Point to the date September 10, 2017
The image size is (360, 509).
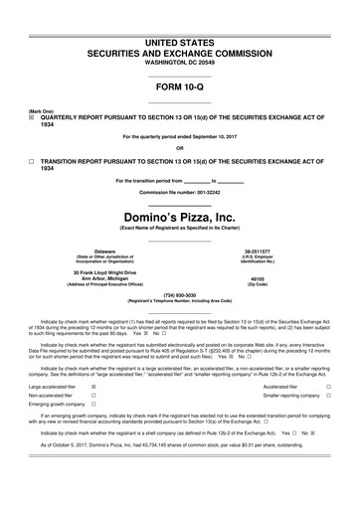click(217, 135)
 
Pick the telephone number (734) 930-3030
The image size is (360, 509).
click(180, 294)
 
